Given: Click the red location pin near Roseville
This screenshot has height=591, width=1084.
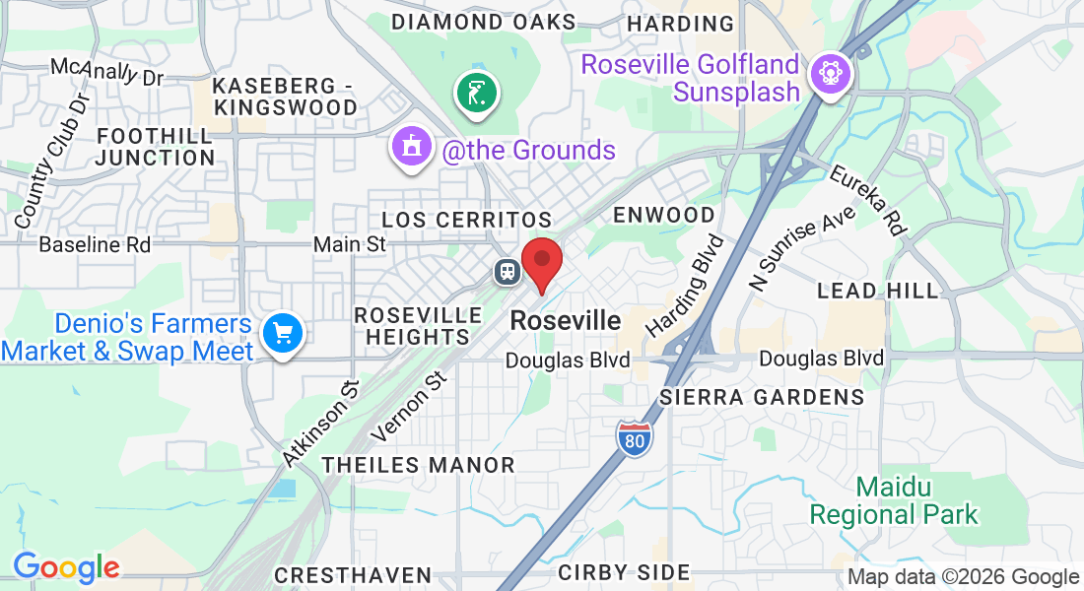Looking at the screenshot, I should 541,261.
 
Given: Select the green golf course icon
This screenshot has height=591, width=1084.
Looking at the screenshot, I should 477,95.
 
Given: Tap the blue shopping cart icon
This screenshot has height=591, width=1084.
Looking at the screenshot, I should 283,334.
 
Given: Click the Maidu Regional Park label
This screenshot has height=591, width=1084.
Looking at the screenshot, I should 894,500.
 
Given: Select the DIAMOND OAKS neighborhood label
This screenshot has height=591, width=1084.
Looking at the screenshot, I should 483,22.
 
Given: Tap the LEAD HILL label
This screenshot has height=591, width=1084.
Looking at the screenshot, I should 879,291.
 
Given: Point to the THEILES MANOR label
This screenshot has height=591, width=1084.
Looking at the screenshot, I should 418,465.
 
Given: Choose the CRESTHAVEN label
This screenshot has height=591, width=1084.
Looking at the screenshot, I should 353,574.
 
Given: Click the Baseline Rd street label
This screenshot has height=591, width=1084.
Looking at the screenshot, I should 95,244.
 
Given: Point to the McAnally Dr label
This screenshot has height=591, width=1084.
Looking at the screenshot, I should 106,71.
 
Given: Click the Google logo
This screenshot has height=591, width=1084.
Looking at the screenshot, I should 66,567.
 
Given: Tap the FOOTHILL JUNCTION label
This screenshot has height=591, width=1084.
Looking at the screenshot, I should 156,146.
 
